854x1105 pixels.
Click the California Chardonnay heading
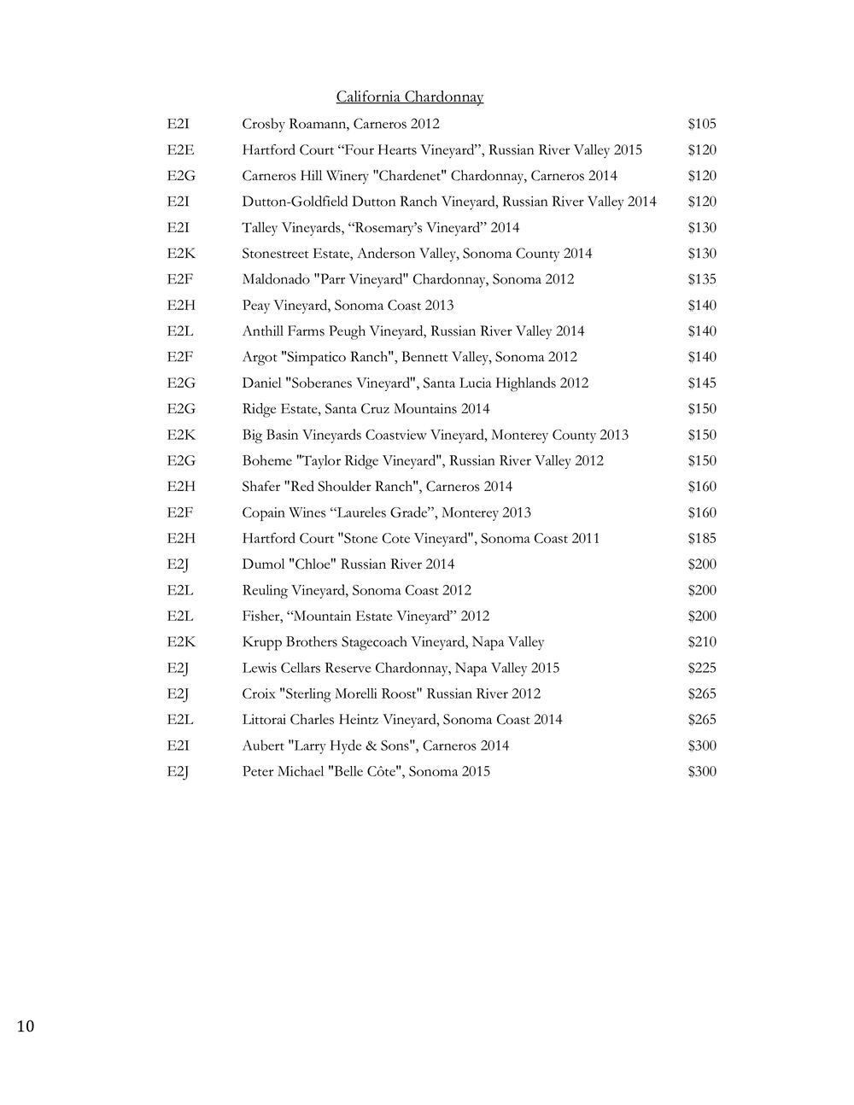pos(409,96)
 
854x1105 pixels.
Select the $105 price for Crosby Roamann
pos(701,124)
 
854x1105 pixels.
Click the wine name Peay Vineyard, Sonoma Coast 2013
pos(348,306)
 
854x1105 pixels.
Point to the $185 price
pos(701,539)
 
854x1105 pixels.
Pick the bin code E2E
pos(180,150)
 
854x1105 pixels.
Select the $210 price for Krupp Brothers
pos(701,642)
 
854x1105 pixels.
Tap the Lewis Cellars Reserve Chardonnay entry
pos(401,668)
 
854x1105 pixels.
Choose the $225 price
pos(701,668)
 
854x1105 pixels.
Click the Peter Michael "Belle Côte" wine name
pos(366,772)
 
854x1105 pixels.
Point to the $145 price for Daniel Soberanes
pos(701,383)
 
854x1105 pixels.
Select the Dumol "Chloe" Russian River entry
pos(348,564)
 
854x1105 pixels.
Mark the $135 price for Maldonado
pos(701,279)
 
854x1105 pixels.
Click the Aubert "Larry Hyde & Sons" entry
pos(375,745)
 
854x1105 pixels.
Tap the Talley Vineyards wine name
pos(380,228)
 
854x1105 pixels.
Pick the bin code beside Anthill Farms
pos(180,331)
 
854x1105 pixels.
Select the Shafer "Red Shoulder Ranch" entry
pos(377,487)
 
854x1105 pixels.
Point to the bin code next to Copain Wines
pos(179,512)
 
